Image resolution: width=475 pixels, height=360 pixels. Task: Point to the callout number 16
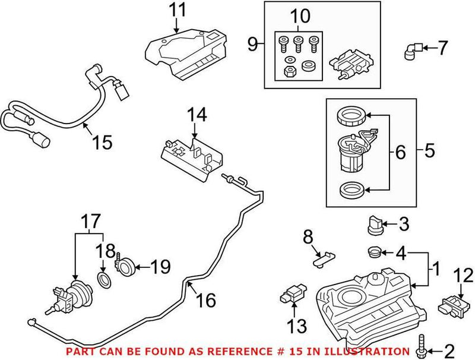(206, 301)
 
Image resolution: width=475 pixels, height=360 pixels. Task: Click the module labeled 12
(451, 303)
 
